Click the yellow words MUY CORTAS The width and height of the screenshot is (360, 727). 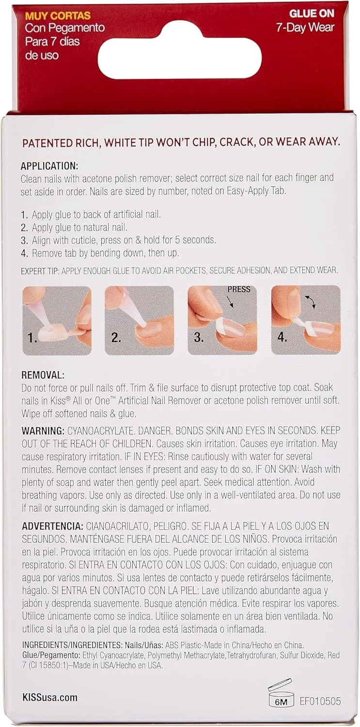click(58, 16)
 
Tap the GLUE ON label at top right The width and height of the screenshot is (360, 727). click(312, 13)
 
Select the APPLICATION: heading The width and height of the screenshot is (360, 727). click(49, 166)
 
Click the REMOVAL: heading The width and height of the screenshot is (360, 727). click(43, 375)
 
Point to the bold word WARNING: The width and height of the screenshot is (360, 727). click(43, 431)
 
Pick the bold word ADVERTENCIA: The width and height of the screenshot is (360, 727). click(52, 526)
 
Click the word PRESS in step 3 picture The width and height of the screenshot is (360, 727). click(239, 289)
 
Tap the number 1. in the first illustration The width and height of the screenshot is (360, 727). click(32, 338)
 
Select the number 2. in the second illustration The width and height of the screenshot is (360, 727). click(116, 338)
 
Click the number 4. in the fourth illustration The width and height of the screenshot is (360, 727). click(282, 337)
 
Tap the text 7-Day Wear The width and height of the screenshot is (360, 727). click(305, 27)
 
